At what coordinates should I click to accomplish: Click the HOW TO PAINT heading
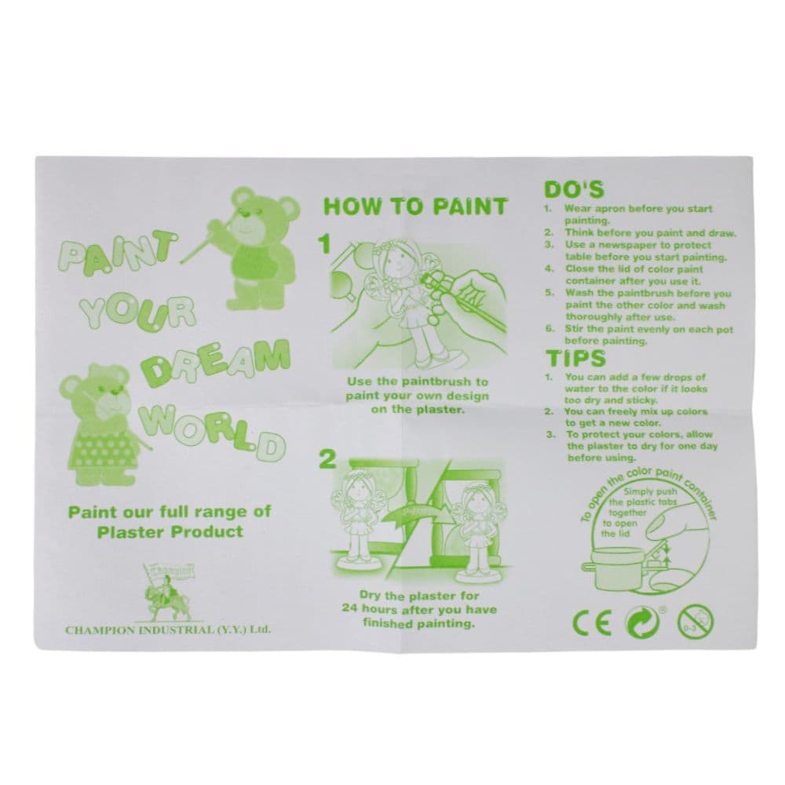click(x=415, y=206)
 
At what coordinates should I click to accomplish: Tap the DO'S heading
click(x=573, y=190)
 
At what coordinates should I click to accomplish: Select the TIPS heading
click(x=575, y=359)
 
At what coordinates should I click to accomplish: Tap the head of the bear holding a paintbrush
click(x=260, y=219)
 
